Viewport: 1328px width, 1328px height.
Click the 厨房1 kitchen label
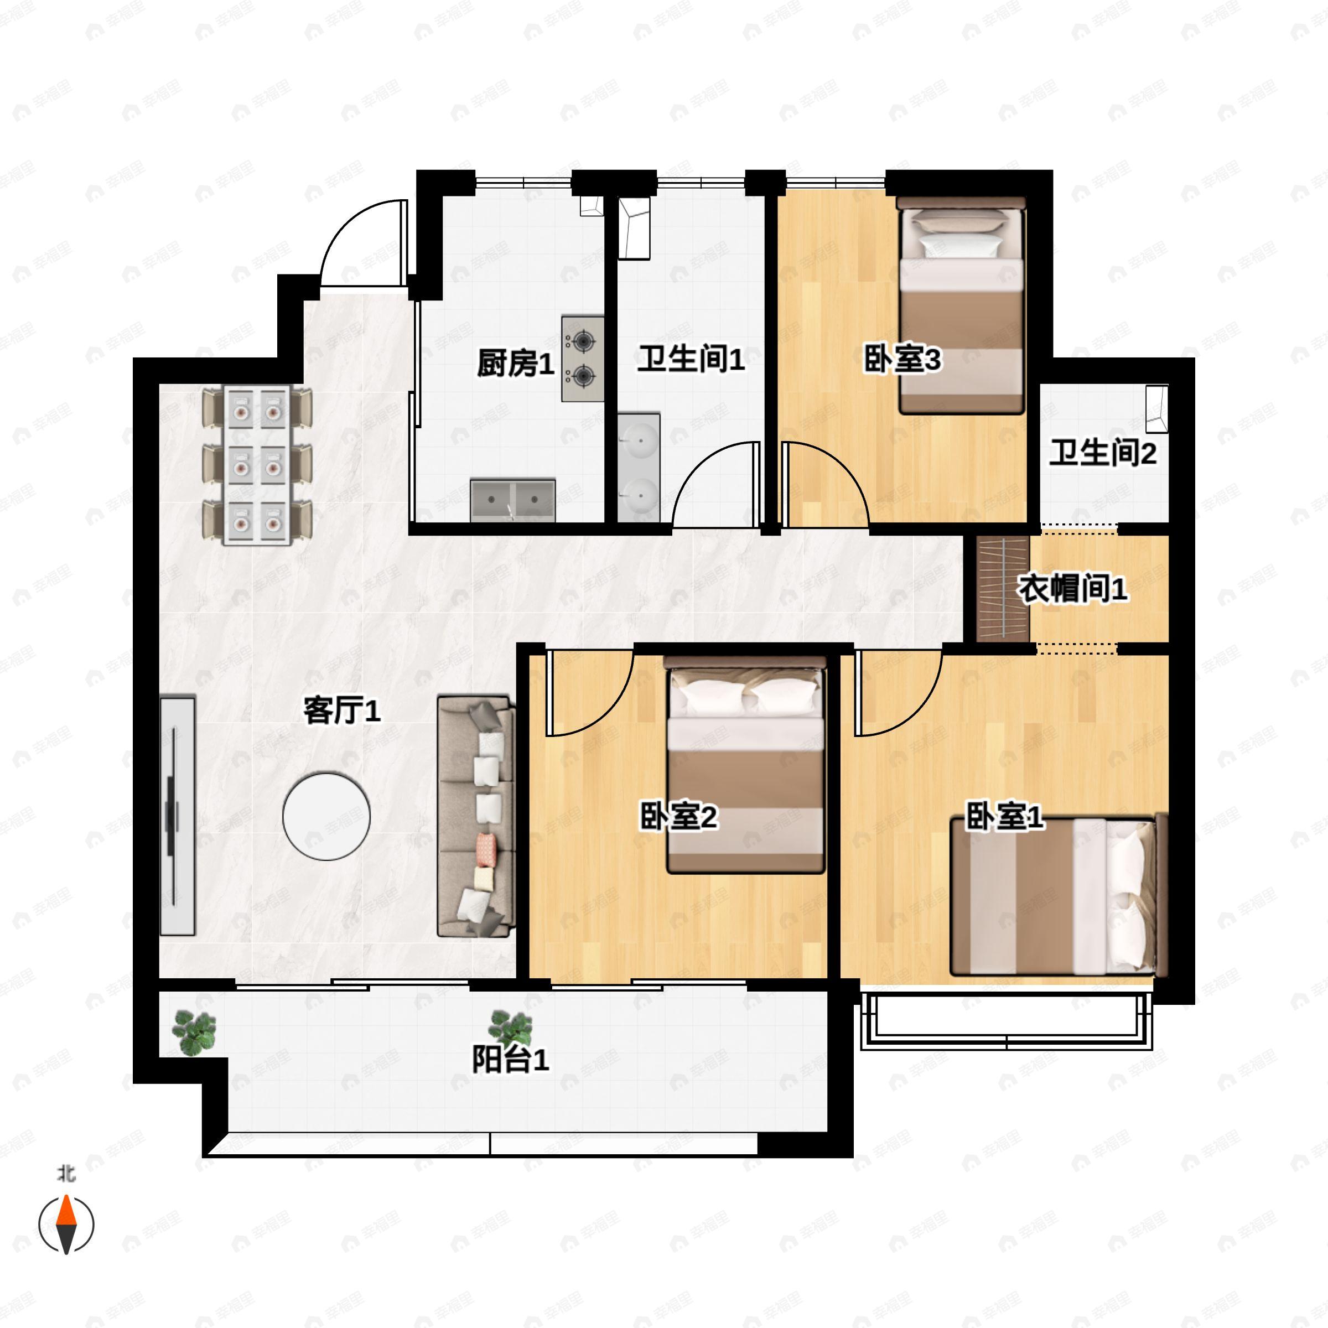click(x=516, y=363)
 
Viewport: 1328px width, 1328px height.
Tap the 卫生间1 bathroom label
click(x=691, y=359)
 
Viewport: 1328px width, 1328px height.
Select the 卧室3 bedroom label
click(x=902, y=359)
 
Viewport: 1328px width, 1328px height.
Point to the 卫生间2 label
click(x=1103, y=453)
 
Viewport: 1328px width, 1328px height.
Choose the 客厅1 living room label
click(x=341, y=710)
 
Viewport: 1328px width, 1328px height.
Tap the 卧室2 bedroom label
click(x=678, y=816)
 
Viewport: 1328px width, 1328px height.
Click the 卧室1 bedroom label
click(x=1004, y=816)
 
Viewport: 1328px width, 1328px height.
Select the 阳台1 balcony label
click(x=510, y=1059)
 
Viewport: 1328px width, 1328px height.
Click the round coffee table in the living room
click(x=326, y=816)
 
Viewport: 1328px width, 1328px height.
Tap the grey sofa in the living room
click(x=476, y=816)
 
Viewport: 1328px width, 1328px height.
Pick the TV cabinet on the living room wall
click(x=177, y=816)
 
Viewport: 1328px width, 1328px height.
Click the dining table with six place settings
click(x=257, y=465)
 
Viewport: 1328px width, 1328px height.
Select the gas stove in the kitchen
click(x=583, y=359)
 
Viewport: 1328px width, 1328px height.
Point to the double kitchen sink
click(x=513, y=500)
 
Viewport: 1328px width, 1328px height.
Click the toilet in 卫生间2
click(x=1157, y=408)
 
